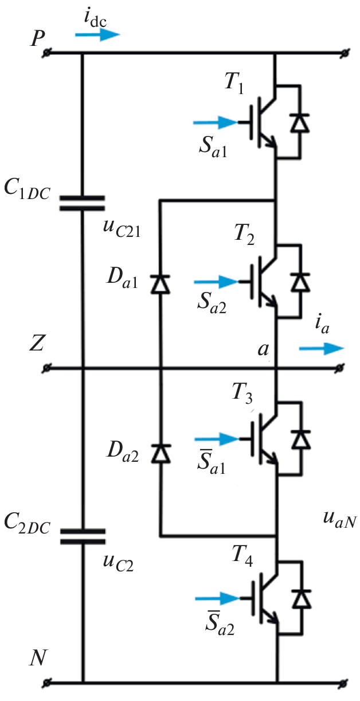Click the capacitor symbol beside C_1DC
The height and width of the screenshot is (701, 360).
(83, 202)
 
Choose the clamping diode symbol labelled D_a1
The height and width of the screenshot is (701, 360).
(159, 284)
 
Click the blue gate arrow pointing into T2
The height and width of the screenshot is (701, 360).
(215, 282)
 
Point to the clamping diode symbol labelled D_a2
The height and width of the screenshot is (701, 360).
(159, 453)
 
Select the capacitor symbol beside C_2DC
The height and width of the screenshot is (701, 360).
(83, 535)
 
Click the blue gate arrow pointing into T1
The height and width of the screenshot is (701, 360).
(214, 122)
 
